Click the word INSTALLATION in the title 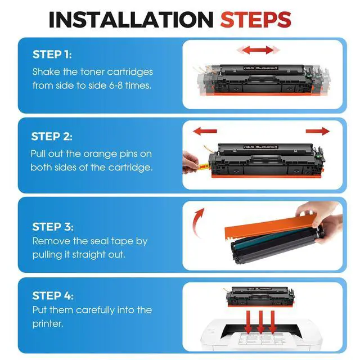[131, 20]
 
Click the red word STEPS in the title [256, 20]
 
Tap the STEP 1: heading [52, 55]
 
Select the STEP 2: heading [52, 137]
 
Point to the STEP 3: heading [53, 227]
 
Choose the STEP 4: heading [53, 296]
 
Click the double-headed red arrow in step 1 [258, 50]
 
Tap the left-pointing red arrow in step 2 [205, 131]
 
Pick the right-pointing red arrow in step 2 [317, 131]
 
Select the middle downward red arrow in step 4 [260, 322]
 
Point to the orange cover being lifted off [270, 226]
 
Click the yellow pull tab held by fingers [203, 166]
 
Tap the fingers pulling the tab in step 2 [190, 163]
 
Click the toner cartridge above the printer [260, 296]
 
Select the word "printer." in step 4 [48, 324]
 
